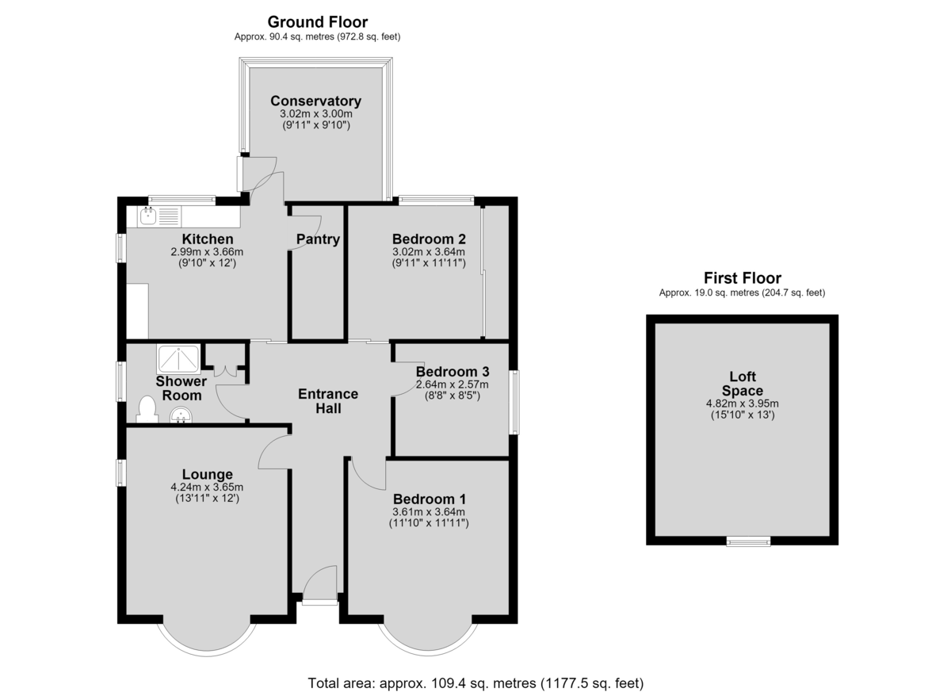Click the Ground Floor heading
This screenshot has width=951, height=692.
[318, 22]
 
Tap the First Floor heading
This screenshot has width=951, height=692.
[742, 278]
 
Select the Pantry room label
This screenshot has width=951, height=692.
[318, 239]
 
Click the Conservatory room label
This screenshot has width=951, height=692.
[316, 101]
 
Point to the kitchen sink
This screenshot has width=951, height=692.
[147, 216]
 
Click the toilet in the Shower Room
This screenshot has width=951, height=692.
[147, 409]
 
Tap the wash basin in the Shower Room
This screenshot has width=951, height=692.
[181, 415]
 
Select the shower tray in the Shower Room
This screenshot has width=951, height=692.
[179, 359]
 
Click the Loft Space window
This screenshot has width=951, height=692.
[748, 541]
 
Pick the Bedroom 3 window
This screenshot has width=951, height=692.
[514, 402]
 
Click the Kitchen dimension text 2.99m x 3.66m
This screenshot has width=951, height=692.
[207, 252]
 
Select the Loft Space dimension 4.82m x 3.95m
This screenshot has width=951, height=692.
[742, 403]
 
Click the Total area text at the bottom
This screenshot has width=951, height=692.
[475, 683]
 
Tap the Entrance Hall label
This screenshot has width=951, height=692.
[328, 401]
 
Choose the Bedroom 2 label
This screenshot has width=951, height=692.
[429, 239]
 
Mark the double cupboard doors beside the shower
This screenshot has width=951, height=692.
[225, 371]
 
